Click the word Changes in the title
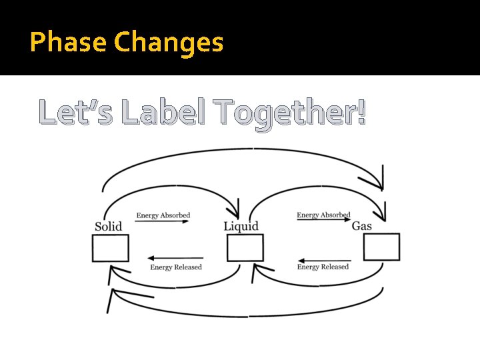(169, 43)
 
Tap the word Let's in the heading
(75, 112)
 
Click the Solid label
(108, 226)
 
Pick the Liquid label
(241, 227)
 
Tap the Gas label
(362, 226)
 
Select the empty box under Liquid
(245, 248)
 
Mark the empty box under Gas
(381, 247)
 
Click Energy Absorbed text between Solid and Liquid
(163, 215)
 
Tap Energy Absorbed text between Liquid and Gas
(323, 215)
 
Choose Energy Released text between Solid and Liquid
(176, 267)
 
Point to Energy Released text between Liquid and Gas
(323, 267)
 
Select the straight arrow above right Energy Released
(323, 260)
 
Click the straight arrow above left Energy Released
(175, 258)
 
